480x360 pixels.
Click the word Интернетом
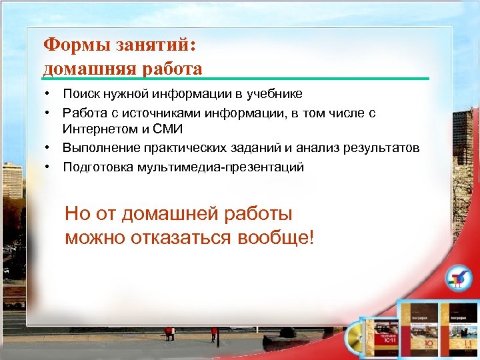coord(97,129)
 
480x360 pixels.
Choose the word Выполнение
coord(100,147)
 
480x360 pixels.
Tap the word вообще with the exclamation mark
coord(274,237)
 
